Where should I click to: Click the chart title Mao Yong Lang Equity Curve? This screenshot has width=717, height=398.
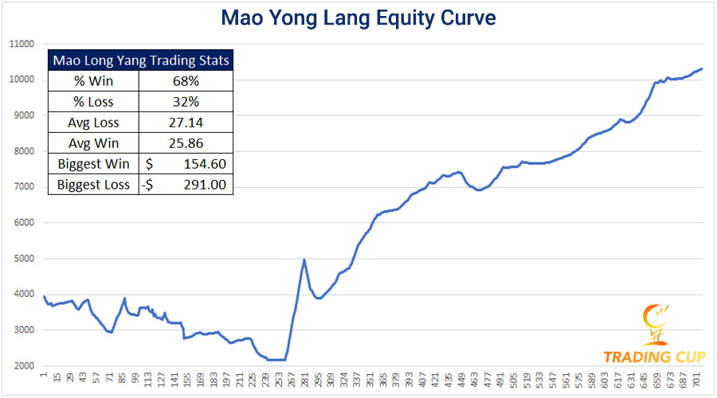358,17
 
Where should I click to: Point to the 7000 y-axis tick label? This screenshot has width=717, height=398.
22,187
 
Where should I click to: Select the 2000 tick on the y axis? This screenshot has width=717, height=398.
22,365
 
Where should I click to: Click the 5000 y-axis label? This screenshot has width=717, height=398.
22,259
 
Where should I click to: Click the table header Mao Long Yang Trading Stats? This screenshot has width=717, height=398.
140,60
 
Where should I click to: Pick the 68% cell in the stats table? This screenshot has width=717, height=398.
185,81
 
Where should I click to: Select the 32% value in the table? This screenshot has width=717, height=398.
185,102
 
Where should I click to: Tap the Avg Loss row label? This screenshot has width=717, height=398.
94,123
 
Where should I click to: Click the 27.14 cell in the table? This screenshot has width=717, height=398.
185,123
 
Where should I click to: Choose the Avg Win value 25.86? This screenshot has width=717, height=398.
185,143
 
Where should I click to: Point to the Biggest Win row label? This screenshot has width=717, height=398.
94,164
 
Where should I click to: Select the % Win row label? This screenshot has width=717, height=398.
94,81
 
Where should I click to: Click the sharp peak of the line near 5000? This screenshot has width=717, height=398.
304,259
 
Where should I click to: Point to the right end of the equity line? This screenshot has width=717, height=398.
701,68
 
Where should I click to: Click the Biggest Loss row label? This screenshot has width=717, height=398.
94,185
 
